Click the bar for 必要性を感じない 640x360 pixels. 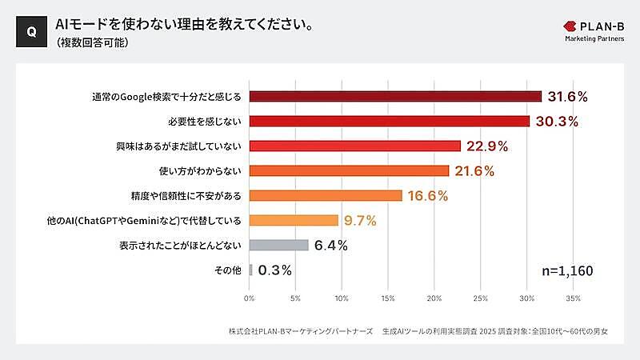coord(390,121)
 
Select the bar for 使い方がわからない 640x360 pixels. coord(349,170)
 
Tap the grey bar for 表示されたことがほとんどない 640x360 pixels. coord(278,245)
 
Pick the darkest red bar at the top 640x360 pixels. coord(395,97)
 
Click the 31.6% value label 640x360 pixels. coord(568,97)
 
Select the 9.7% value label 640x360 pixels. coord(360,220)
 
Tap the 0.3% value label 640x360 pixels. coord(274,270)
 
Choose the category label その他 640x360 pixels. coord(228,270)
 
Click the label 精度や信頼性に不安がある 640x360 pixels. coord(185,196)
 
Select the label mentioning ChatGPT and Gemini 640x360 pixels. coord(163,221)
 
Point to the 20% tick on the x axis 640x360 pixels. coord(434,298)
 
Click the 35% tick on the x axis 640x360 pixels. coord(573,298)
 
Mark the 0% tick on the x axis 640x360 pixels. coord(250,298)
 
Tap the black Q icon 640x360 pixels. coord(30,31)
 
